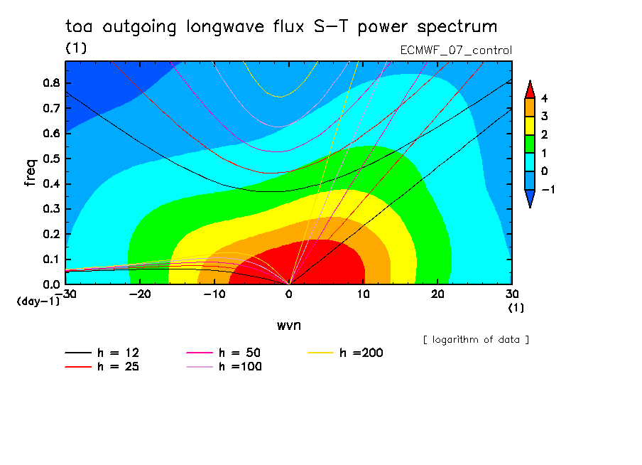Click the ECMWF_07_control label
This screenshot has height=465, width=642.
pyautogui.click(x=456, y=50)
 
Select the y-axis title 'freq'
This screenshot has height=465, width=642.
pyautogui.click(x=30, y=173)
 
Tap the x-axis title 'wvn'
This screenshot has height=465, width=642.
pyautogui.click(x=288, y=325)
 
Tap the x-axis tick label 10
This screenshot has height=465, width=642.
pyautogui.click(x=363, y=294)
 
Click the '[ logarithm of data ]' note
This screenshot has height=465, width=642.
pyautogui.click(x=476, y=339)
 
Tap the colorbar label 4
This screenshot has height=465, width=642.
pyautogui.click(x=544, y=98)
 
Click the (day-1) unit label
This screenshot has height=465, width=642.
pyautogui.click(x=38, y=301)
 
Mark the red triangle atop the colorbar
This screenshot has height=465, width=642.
pyautogui.click(x=529, y=89)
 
